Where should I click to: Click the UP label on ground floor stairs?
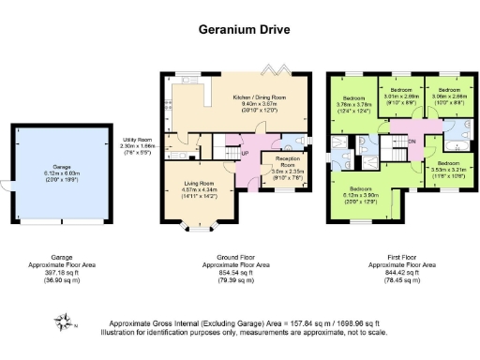246,155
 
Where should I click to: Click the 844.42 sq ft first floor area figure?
397,271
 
